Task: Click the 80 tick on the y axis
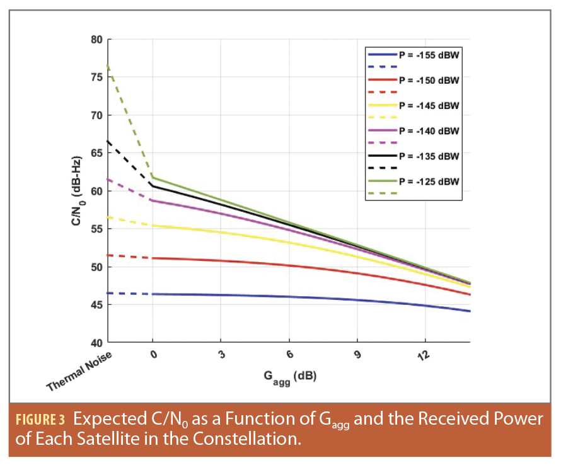(x=96, y=40)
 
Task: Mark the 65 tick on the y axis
(x=96, y=153)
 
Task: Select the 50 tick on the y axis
(x=96, y=267)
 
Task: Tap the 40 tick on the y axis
(x=96, y=343)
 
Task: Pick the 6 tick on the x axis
(x=289, y=355)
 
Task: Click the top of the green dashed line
(x=108, y=65)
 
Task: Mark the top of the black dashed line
(x=108, y=141)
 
